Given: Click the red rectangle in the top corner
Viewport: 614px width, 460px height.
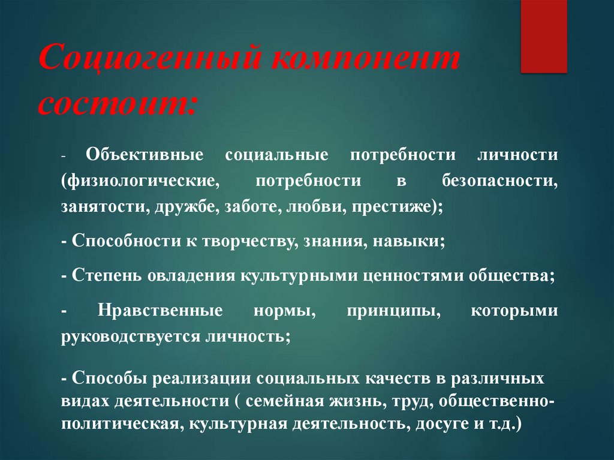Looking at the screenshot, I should pyautogui.click(x=543, y=36).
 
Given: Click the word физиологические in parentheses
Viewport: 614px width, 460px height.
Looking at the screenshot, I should pyautogui.click(x=138, y=181).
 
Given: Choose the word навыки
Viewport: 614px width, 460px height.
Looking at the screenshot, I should pyautogui.click(x=404, y=242).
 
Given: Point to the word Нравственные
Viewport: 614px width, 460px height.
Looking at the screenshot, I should pyautogui.click(x=159, y=311).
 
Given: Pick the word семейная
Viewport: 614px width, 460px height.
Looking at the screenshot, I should pyautogui.click(x=258, y=401).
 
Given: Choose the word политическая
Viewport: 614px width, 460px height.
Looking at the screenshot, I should pyautogui.click(x=121, y=424).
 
